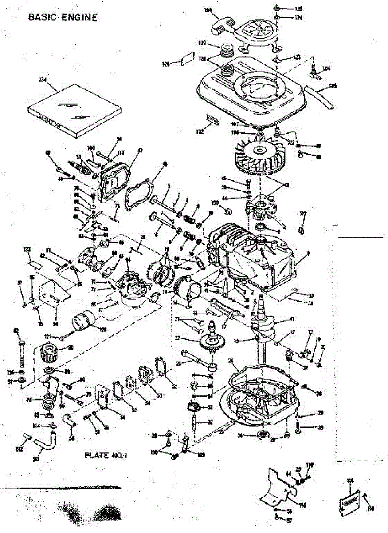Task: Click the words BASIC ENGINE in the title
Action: coord(62,17)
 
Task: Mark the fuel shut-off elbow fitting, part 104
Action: coord(315,72)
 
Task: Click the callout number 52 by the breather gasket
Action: coord(174,387)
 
